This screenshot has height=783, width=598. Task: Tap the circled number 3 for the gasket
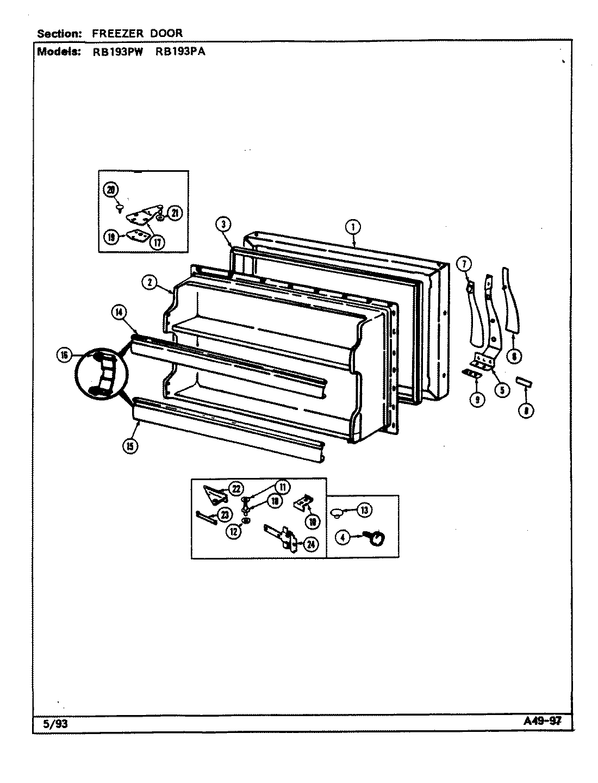pos(223,224)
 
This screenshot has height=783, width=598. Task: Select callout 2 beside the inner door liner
pos(149,282)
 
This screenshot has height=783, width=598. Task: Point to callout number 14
pos(119,312)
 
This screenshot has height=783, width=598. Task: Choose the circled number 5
pos(502,389)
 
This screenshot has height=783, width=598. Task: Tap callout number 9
pos(477,399)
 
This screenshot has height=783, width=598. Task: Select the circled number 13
pos(364,509)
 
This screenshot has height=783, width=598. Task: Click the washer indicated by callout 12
pos(246,521)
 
